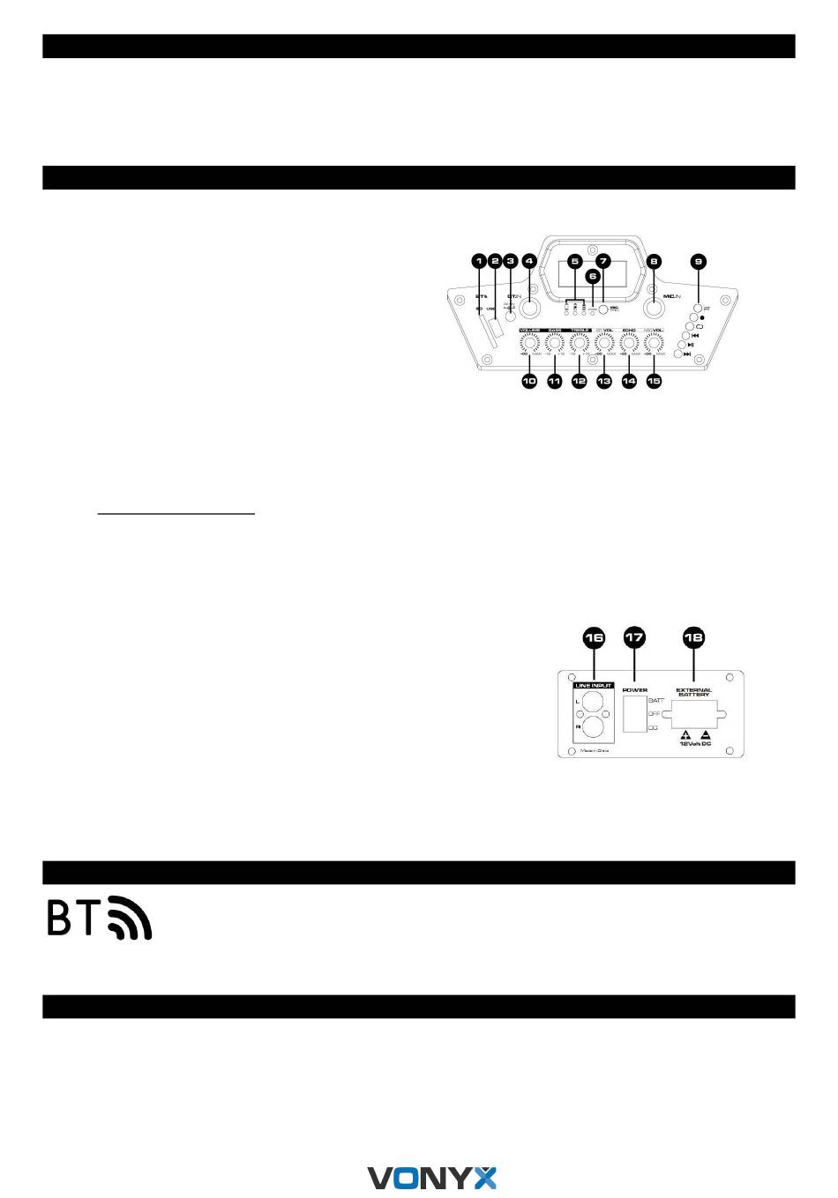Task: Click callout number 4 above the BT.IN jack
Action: (529, 260)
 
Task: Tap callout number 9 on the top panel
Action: (699, 260)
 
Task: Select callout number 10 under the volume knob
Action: (529, 381)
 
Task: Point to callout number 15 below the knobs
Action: (654, 381)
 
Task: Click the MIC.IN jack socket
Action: (654, 310)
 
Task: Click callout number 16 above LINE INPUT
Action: (595, 636)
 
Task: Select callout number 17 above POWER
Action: (634, 636)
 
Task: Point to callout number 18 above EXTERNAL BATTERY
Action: (694, 636)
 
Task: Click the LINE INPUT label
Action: (593, 684)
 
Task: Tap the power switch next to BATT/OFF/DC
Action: (633, 713)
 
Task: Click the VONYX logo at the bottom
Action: (432, 1177)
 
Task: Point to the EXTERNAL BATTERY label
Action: (693, 692)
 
